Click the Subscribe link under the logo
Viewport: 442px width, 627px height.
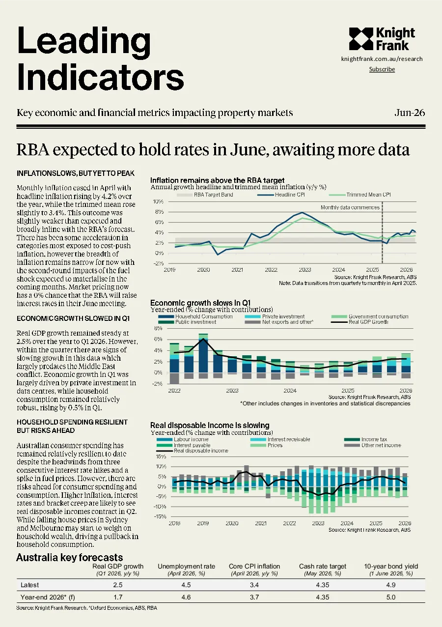click(x=382, y=69)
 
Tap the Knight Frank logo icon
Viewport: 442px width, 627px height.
click(x=361, y=39)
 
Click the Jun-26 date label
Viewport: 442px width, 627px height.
click(x=410, y=113)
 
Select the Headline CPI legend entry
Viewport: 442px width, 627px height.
click(x=281, y=195)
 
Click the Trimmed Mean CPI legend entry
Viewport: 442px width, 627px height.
click(x=360, y=195)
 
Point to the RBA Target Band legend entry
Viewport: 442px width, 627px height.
click(x=205, y=195)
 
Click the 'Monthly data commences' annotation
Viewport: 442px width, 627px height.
click(x=350, y=207)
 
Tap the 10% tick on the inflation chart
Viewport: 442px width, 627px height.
click(x=158, y=201)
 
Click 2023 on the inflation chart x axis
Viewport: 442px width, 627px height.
click(x=305, y=270)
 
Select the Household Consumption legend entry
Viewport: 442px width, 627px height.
click(x=195, y=316)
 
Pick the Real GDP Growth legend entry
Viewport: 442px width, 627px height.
click(x=359, y=322)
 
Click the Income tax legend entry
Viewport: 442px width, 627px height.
click(x=365, y=439)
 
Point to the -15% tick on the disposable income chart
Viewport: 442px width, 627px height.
click(x=160, y=516)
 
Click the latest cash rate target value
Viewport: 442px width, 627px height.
click(x=323, y=585)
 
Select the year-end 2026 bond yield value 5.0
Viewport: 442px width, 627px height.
click(x=391, y=597)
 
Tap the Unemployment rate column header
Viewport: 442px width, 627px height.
click(x=186, y=566)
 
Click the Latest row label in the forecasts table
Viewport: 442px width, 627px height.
click(x=29, y=585)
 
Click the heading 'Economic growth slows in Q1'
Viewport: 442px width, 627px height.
click(x=200, y=303)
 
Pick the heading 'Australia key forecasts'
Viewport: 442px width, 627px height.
click(x=70, y=557)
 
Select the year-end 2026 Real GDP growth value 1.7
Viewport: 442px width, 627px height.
click(x=118, y=597)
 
